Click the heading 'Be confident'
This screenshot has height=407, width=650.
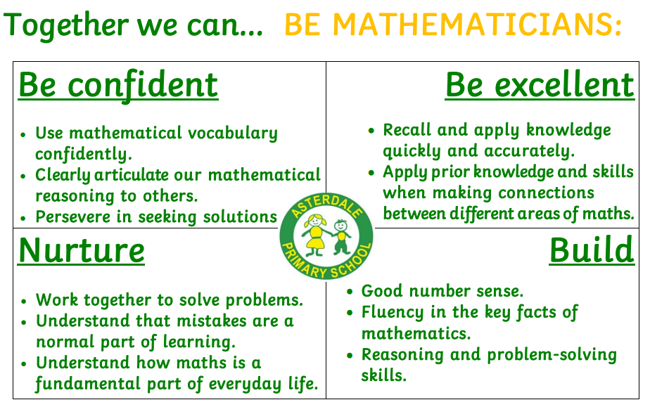(x=118, y=85)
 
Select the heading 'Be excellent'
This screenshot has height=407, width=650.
(x=540, y=85)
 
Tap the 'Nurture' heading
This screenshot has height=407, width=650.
(x=82, y=250)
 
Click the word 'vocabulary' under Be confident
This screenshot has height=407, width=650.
(x=233, y=134)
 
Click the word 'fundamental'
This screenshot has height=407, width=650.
(x=88, y=385)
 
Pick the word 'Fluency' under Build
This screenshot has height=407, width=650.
(x=392, y=313)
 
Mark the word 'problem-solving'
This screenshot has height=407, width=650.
(x=552, y=355)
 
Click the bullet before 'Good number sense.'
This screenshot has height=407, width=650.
(x=350, y=292)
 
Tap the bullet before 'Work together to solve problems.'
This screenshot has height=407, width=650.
(x=24, y=301)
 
